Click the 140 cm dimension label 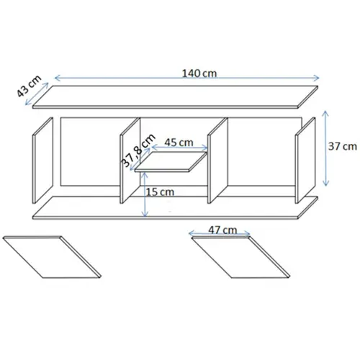[199, 73]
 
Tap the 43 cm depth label [29, 86]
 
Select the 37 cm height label [343, 146]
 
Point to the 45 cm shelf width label [179, 143]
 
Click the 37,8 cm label [138, 150]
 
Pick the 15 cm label [160, 192]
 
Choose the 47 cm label [222, 230]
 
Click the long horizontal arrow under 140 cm [186, 78]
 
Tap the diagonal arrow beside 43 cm [37, 94]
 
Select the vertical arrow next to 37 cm [325, 148]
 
